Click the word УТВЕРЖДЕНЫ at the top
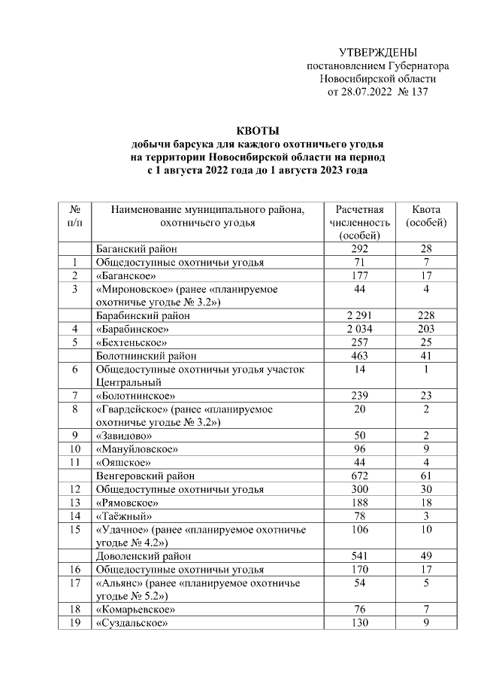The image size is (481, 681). [378, 53]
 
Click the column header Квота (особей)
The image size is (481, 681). [426, 216]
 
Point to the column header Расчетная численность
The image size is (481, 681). [359, 216]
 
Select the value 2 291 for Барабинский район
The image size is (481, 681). [359, 316]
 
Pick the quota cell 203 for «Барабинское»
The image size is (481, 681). [426, 329]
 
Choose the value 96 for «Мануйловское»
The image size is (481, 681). [359, 449]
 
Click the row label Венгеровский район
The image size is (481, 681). [146, 476]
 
